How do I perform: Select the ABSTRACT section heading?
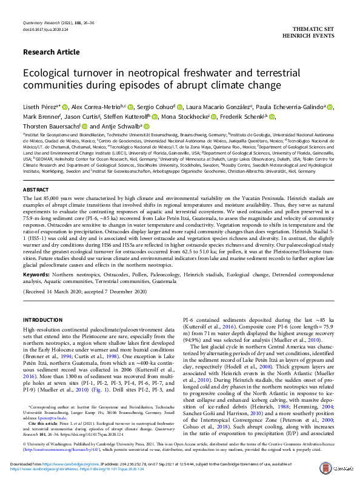click(36, 190)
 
